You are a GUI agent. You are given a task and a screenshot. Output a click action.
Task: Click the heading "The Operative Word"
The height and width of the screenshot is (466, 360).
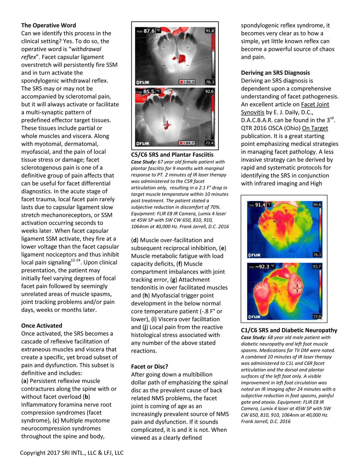click(x=49, y=25)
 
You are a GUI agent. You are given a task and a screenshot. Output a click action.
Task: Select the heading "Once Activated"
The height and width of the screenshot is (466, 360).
click(x=41, y=326)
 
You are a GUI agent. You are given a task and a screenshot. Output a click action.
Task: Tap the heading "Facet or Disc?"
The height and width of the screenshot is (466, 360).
click(x=149, y=367)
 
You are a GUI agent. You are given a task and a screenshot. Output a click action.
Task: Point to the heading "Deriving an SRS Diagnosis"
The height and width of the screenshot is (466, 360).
click(x=275, y=73)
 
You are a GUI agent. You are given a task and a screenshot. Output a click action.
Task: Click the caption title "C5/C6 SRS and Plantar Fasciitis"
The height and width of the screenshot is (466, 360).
click(x=172, y=155)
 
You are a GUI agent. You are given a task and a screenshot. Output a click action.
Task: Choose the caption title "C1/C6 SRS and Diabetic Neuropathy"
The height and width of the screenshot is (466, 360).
click(x=289, y=330)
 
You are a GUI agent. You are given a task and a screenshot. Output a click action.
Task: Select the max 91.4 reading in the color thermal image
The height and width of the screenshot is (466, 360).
click(x=260, y=205)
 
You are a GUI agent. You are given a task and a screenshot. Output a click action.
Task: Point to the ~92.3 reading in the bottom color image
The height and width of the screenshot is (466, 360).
click(x=262, y=267)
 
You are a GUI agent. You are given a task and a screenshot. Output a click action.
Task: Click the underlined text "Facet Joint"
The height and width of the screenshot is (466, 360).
click(x=315, y=104)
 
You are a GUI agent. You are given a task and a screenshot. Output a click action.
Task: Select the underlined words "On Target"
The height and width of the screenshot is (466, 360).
click(x=315, y=128)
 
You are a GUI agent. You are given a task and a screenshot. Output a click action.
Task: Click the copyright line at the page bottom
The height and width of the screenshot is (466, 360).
click(x=72, y=453)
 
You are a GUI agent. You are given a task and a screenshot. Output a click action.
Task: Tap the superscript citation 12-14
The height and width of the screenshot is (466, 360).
click(x=76, y=260)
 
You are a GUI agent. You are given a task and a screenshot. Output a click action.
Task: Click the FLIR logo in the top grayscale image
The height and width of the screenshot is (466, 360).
click(x=143, y=82)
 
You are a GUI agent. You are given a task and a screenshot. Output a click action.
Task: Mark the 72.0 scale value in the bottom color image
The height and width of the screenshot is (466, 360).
click(x=317, y=317)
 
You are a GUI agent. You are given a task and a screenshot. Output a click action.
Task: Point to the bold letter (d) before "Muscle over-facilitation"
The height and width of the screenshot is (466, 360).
click(x=135, y=240)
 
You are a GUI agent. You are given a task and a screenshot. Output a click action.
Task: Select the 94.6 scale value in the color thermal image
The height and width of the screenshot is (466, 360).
click(x=317, y=205)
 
